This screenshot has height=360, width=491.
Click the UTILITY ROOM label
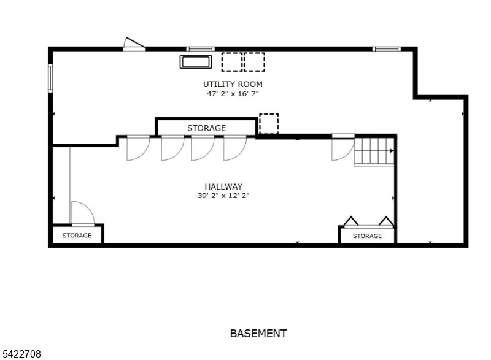click(233, 84)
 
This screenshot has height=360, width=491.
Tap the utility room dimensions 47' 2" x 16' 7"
click(233, 93)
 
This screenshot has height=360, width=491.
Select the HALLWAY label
click(223, 186)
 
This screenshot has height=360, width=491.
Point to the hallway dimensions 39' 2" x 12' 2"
click(223, 196)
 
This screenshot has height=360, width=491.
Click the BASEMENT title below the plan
click(258, 334)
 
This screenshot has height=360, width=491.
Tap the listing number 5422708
click(21, 354)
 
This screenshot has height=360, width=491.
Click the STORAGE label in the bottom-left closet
click(77, 236)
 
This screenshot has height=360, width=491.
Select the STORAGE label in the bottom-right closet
click(367, 236)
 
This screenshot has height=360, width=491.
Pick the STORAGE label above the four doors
click(206, 128)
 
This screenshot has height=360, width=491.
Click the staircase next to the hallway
click(374, 152)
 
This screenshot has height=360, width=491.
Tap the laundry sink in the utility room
click(196, 62)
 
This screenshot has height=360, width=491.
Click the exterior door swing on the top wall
click(134, 44)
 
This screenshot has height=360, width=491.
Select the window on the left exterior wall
click(50, 78)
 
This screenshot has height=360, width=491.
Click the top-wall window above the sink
click(201, 49)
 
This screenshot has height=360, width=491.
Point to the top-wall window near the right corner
click(387, 49)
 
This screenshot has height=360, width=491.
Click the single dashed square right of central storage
click(269, 123)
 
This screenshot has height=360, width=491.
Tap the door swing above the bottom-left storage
click(83, 213)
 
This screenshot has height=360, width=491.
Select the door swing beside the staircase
click(343, 148)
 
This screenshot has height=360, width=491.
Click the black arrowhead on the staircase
click(392, 151)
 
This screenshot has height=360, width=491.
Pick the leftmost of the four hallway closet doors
click(138, 148)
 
